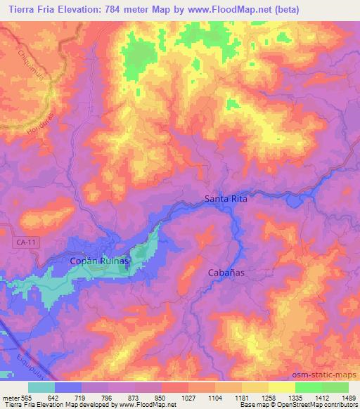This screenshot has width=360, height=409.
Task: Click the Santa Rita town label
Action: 226,199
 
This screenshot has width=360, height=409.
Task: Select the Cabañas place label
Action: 226,273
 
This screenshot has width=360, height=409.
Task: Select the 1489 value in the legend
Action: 349,397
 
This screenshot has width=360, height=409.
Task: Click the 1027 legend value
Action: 188,397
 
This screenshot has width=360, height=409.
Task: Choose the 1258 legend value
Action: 269,397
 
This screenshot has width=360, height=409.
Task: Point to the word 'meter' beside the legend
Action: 11,397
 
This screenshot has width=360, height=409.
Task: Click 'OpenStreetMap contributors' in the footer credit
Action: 319,405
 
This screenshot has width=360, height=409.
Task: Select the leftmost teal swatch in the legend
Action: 41,387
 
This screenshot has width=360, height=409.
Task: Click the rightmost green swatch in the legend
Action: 335,387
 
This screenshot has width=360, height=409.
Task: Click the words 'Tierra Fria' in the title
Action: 32,10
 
